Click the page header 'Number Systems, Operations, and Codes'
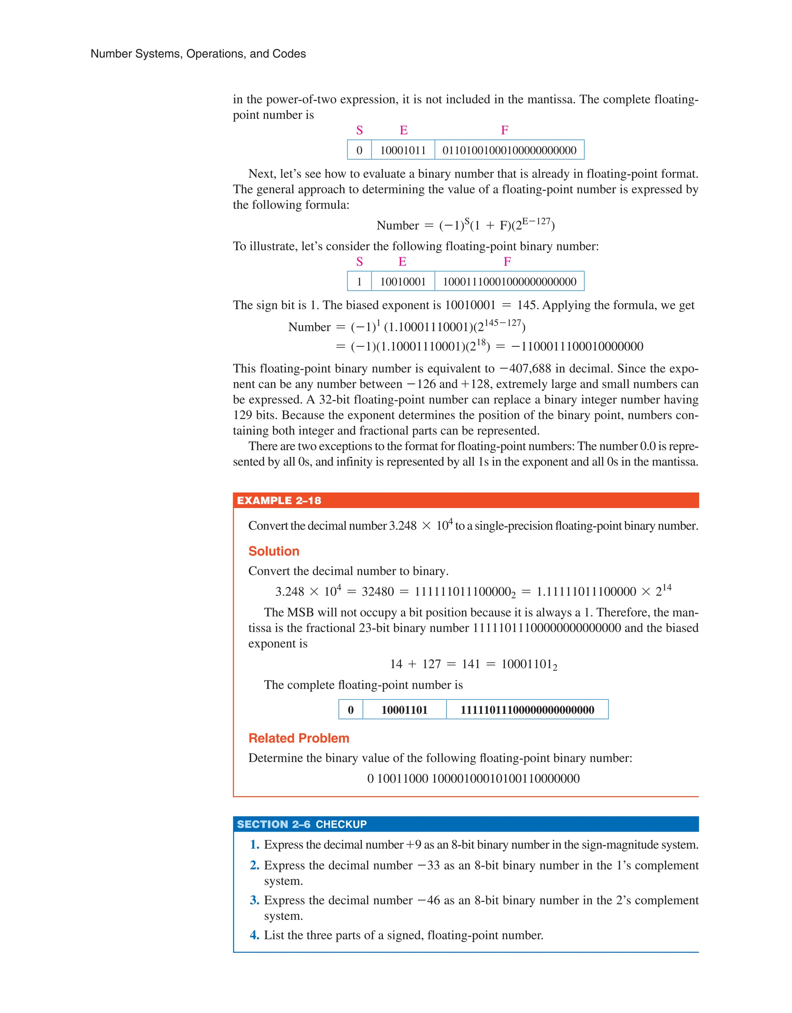[198, 54]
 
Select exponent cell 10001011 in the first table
[403, 150]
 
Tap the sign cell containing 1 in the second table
[359, 281]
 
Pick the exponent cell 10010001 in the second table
[403, 281]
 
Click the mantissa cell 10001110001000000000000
[509, 281]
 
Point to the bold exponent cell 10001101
[404, 709]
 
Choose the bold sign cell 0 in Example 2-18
[351, 709]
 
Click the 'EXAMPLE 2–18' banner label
[279, 500]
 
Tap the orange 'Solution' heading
[274, 551]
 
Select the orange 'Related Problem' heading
[299, 738]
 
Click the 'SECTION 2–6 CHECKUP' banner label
[302, 824]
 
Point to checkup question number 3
[254, 900]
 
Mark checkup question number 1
[254, 845]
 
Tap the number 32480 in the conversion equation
[378, 592]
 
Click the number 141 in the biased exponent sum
[471, 664]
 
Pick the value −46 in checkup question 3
[428, 900]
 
